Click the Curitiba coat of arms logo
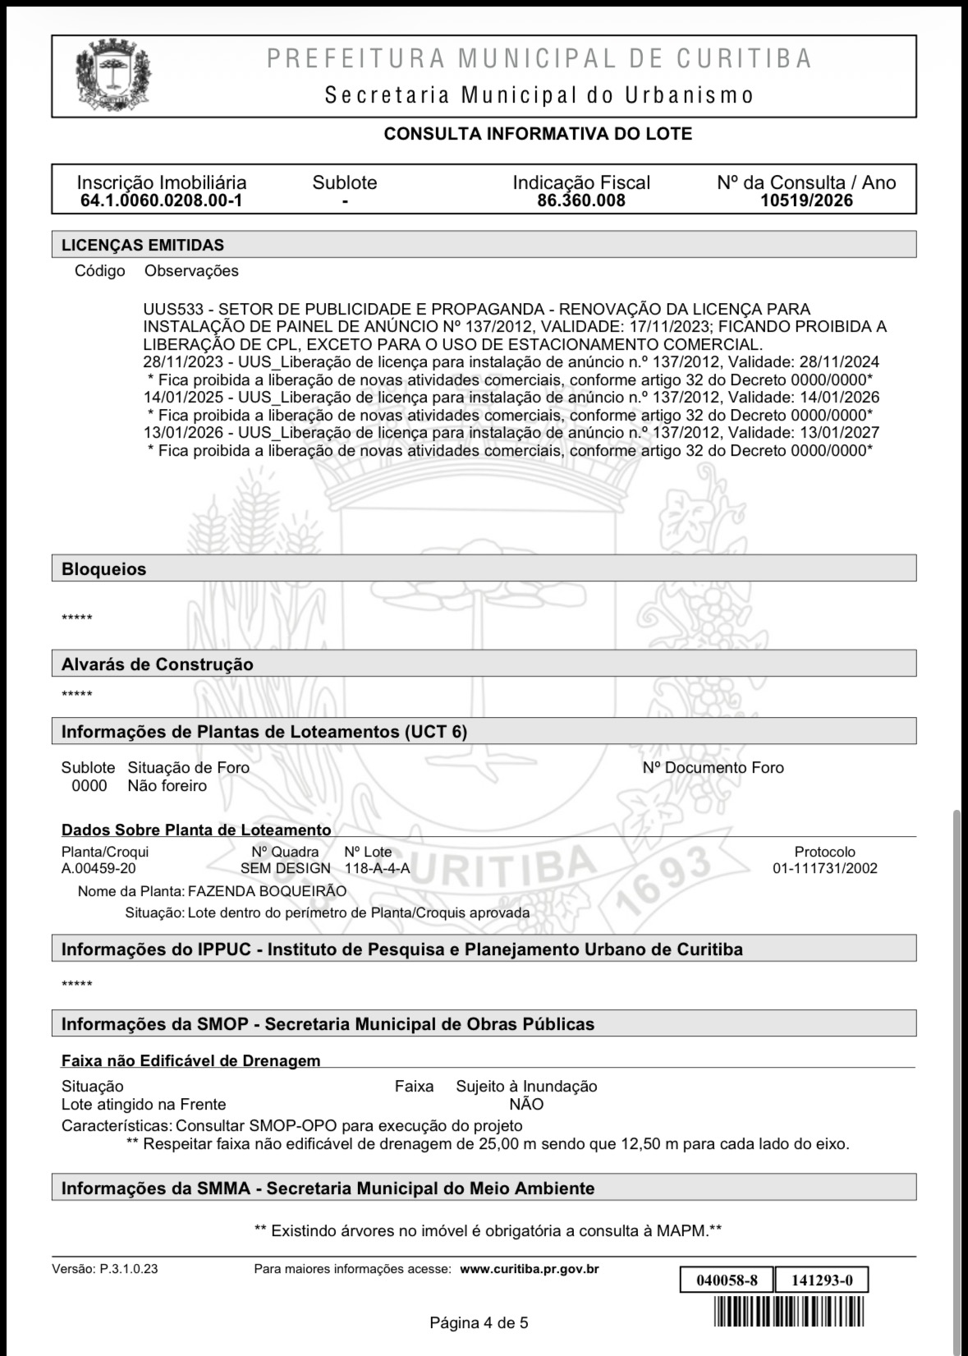point(113,77)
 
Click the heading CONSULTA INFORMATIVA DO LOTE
point(538,134)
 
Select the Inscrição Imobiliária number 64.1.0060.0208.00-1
point(161,200)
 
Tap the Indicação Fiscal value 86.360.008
point(580,200)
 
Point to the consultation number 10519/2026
point(806,200)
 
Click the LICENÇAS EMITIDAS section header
point(143,245)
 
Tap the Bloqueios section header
point(104,569)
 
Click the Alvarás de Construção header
point(158,664)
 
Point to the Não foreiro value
point(167,786)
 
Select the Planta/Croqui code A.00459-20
point(99,869)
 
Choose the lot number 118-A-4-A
point(377,869)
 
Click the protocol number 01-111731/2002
point(824,869)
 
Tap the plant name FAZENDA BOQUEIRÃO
point(267,892)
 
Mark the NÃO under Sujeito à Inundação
point(525,1105)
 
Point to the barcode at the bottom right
point(791,1311)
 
